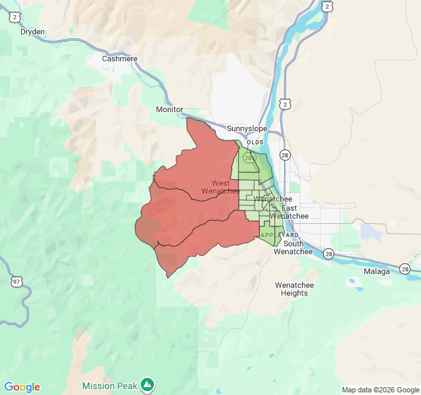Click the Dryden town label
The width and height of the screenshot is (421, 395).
point(32,31)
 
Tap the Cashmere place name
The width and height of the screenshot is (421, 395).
point(120,59)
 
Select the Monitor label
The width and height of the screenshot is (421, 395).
point(170,109)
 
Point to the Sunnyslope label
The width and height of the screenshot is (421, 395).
point(247,128)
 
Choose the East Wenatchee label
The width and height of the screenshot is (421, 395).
point(289,212)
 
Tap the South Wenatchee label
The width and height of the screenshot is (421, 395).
point(293,248)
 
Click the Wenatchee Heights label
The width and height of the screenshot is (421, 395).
point(294,289)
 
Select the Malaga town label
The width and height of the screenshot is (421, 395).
point(377,271)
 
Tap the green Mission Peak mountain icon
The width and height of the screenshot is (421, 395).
point(147,384)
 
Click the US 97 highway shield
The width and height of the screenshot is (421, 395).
point(16,282)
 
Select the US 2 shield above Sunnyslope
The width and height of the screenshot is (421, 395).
point(285,104)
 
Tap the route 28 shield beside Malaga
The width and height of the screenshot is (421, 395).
point(405,269)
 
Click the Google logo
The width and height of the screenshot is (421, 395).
point(22,387)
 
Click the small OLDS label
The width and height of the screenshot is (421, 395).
point(255,142)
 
